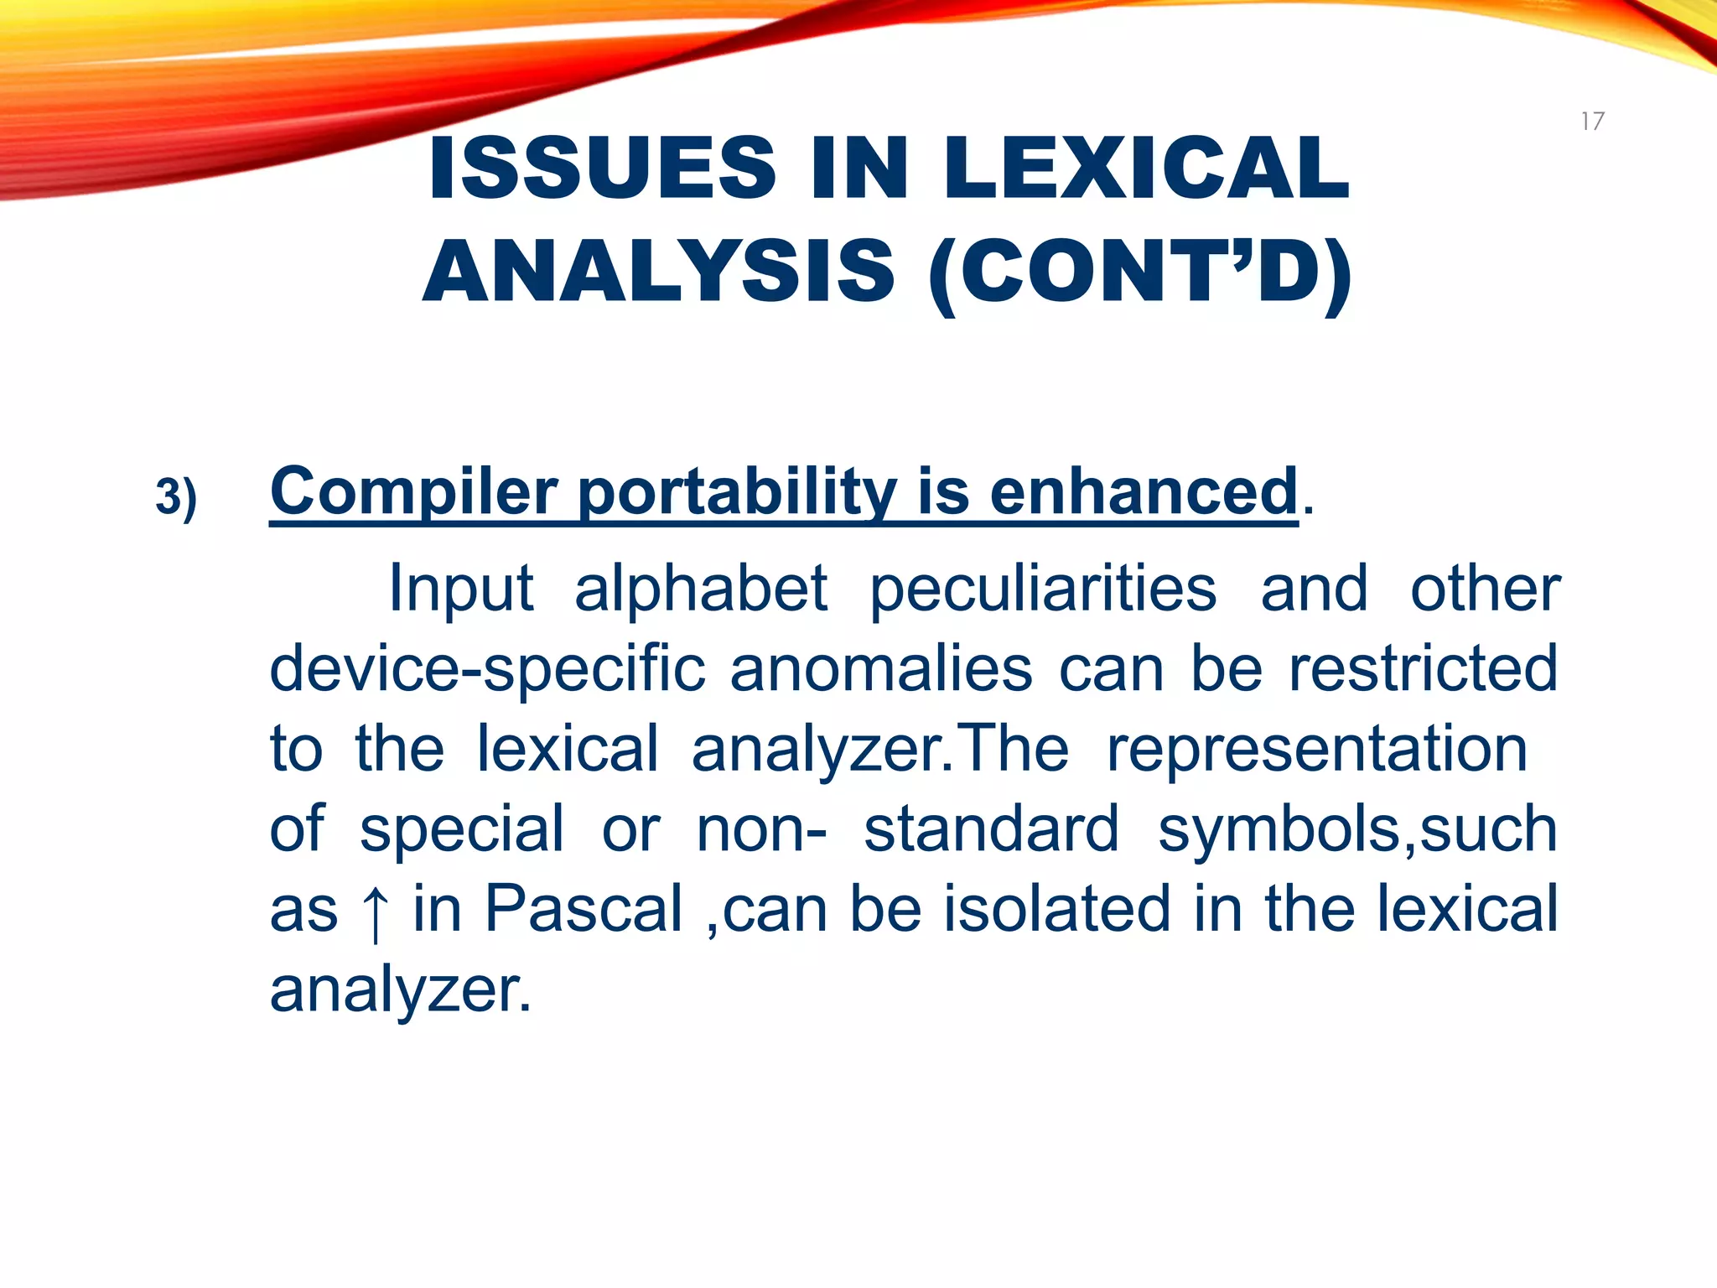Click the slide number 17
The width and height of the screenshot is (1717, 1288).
(x=1592, y=122)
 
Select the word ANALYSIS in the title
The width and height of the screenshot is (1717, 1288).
(x=659, y=272)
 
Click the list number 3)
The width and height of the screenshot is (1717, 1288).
(x=176, y=496)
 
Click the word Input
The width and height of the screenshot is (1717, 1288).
(x=461, y=589)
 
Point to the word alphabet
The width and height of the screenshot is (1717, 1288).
(x=701, y=589)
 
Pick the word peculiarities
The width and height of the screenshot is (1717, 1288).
(x=1043, y=589)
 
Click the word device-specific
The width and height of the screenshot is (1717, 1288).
(x=487, y=669)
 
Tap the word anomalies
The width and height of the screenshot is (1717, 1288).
(x=881, y=669)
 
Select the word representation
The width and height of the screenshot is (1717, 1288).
(x=1317, y=749)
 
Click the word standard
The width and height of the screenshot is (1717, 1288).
(x=991, y=828)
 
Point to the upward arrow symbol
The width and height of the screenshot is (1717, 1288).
(x=375, y=912)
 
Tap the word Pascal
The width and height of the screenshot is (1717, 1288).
(x=584, y=909)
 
